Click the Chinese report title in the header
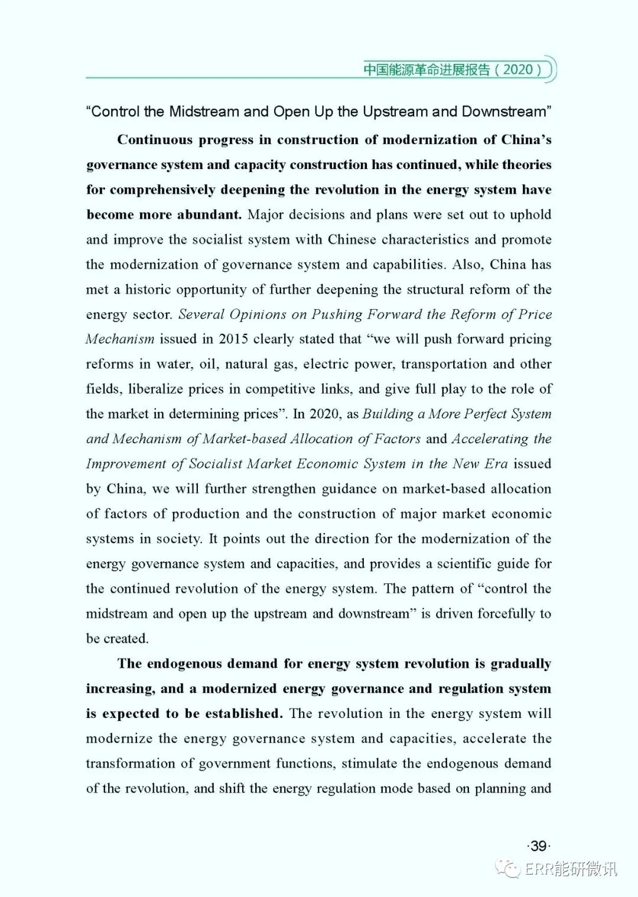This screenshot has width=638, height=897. pyautogui.click(x=427, y=70)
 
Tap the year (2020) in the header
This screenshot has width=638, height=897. pyautogui.click(x=518, y=70)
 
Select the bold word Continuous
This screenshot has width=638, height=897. pyautogui.click(x=155, y=140)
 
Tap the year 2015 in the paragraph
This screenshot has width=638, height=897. pyautogui.click(x=233, y=339)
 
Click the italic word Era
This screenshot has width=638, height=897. pyautogui.click(x=496, y=464)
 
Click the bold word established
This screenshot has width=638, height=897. pyautogui.click(x=243, y=713)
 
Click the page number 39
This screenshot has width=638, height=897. pyautogui.click(x=538, y=846)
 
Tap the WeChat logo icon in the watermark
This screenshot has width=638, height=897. pyautogui.click(x=508, y=868)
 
